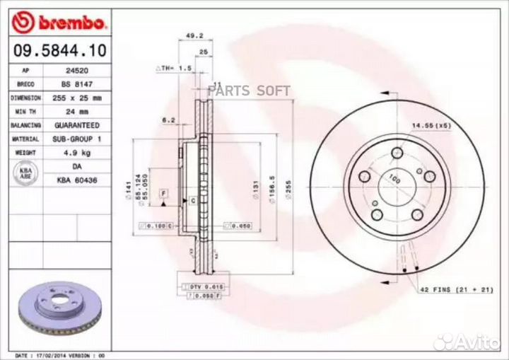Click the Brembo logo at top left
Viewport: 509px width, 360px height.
tap(61, 23)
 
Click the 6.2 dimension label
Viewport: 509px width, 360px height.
tap(168, 120)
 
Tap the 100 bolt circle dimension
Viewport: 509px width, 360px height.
tap(394, 181)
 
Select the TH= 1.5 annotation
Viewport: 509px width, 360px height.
tap(174, 68)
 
